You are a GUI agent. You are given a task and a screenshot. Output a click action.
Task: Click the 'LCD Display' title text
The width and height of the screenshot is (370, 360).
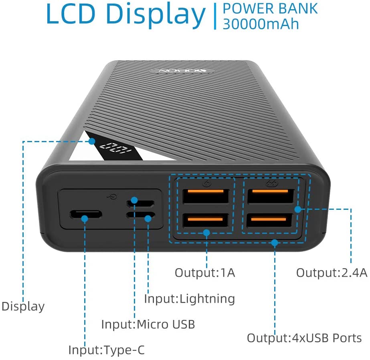point(126,14)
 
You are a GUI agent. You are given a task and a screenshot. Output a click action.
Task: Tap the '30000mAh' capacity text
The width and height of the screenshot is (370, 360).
point(261,24)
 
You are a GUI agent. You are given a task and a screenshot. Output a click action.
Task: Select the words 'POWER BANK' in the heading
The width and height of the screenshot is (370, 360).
point(270,8)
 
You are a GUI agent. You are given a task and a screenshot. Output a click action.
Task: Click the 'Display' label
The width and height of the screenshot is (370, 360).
point(23,307)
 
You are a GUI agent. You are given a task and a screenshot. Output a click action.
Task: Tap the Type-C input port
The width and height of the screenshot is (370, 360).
point(86,215)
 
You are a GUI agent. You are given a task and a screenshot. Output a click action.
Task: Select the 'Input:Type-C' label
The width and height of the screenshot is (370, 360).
point(106,350)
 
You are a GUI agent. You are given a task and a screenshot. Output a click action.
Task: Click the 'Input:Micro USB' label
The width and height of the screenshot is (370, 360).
point(148,324)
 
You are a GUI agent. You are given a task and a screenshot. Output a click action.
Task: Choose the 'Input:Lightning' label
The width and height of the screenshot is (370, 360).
point(190,299)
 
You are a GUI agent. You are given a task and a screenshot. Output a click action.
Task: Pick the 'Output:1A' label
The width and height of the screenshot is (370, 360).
point(205,273)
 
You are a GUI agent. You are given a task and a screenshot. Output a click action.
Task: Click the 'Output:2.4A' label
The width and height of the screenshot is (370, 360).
point(332,273)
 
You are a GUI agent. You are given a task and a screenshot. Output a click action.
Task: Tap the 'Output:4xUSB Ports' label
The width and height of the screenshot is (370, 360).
point(304,338)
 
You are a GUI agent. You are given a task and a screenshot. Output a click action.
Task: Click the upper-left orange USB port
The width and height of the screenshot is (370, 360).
point(206,196)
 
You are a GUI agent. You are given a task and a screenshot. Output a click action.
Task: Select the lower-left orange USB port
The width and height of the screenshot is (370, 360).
point(205,220)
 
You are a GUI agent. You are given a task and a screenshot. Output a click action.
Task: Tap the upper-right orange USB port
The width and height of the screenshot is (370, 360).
point(271,196)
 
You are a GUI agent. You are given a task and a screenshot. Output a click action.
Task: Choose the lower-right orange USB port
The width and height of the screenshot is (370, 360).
point(269,220)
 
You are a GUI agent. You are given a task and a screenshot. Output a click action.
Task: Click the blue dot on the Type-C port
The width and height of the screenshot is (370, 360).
point(85,219)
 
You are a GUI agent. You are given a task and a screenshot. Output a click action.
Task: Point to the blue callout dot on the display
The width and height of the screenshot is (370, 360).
point(92,141)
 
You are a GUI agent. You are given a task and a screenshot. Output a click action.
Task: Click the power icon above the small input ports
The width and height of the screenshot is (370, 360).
point(112,196)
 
